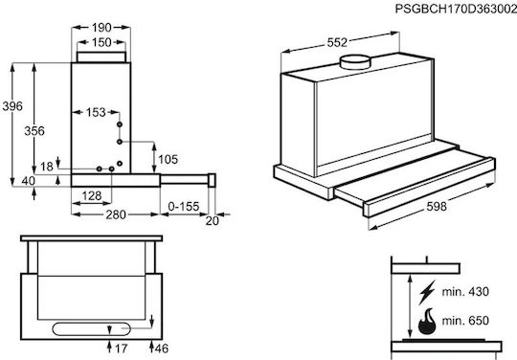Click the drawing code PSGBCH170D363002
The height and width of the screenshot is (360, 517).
456,9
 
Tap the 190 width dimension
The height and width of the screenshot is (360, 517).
101,28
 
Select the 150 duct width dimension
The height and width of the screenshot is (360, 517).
101,42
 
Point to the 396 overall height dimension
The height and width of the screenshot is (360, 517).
12,106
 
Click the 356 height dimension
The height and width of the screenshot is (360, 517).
34,131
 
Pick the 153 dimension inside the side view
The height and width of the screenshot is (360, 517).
96,112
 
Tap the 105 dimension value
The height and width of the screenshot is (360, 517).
169,160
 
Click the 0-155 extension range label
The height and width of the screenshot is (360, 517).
184,207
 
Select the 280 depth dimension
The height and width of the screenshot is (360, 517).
116,214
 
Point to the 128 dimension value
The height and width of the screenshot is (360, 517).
92,196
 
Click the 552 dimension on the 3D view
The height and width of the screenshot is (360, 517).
337,42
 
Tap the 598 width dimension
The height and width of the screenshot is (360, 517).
437,207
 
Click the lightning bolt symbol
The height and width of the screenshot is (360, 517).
427,292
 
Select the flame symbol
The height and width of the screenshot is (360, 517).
427,322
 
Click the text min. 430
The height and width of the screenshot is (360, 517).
465,292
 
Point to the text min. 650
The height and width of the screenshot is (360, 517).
465,321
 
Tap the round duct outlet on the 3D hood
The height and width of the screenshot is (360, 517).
355,62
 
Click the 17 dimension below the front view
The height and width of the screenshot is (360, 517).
121,349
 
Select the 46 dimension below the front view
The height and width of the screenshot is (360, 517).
162,349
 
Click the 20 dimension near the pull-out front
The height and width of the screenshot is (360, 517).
212,221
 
